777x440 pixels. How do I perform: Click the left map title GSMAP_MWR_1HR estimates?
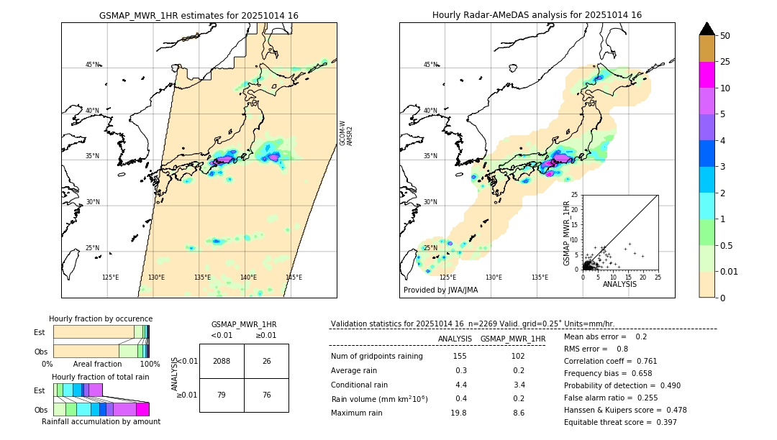click(x=199, y=15)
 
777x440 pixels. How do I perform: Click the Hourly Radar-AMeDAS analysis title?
click(x=537, y=15)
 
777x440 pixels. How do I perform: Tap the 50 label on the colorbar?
click(x=725, y=36)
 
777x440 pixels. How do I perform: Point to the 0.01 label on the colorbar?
click(x=730, y=271)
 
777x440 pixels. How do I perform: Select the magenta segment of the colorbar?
click(x=706, y=75)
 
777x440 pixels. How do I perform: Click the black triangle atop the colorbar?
click(x=706, y=29)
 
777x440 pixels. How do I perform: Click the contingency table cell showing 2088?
click(x=222, y=361)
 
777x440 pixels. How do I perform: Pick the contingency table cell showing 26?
click(x=266, y=361)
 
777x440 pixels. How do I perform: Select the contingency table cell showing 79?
click(x=222, y=395)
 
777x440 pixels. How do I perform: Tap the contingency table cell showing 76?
click(x=266, y=395)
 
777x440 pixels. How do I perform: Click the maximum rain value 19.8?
click(x=458, y=413)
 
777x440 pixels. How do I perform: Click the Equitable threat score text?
click(x=620, y=422)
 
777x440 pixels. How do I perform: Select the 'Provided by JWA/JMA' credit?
click(x=440, y=290)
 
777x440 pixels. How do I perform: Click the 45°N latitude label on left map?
click(x=92, y=65)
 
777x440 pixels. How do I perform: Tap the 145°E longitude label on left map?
click(x=294, y=278)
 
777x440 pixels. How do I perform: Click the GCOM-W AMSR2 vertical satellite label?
click(x=346, y=133)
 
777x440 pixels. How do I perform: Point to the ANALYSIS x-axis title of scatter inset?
click(x=619, y=284)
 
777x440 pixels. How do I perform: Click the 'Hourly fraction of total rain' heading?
click(x=101, y=377)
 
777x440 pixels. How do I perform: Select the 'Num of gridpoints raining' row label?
click(x=376, y=357)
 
